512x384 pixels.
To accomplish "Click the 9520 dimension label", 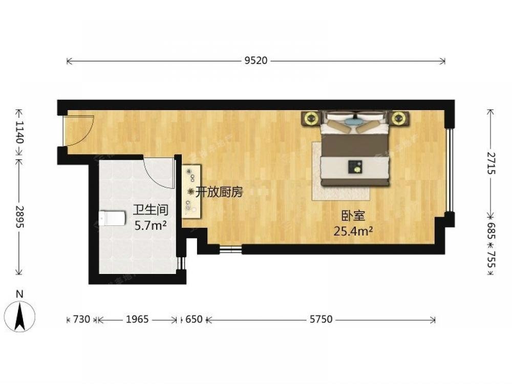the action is click(256, 60).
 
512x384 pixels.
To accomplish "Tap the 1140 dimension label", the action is click(19, 132).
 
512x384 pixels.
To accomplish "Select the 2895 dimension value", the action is click(19, 217).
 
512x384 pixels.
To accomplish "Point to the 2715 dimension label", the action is click(491, 163).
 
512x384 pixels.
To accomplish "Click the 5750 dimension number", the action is click(321, 319).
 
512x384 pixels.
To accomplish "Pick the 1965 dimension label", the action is click(137, 319).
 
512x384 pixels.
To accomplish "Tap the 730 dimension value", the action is click(81, 319).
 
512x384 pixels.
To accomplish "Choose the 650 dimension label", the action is click(194, 319).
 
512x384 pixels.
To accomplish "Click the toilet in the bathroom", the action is click(112, 218).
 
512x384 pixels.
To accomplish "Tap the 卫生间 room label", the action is click(151, 210).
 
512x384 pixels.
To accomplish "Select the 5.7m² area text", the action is click(151, 225).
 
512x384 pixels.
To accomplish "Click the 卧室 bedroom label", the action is click(353, 216).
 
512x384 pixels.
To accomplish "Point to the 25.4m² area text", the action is click(353, 231).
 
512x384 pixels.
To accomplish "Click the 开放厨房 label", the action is click(219, 193).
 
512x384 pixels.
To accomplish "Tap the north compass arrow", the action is click(20, 316).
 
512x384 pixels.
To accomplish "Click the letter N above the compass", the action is click(19, 294).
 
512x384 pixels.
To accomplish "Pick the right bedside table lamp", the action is click(398, 118).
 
